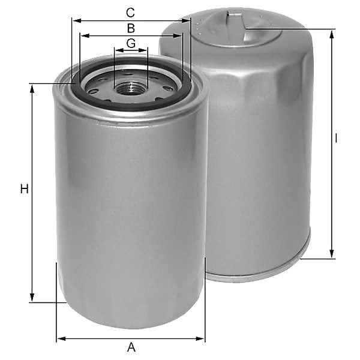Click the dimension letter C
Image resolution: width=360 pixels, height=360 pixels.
[x=130, y=13]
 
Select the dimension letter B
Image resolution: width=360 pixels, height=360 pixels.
[x=131, y=28]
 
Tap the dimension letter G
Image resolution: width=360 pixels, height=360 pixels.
[x=131, y=43]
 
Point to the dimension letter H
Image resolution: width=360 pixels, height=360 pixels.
[x=25, y=189]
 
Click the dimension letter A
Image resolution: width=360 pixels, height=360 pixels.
[x=131, y=347]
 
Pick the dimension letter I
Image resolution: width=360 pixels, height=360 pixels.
[x=336, y=139]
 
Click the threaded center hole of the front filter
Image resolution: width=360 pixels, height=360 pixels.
[x=130, y=89]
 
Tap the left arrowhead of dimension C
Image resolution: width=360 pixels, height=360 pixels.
[x=77, y=21]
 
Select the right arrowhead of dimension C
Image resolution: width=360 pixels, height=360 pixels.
[x=185, y=21]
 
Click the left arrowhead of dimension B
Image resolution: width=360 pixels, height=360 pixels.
[x=85, y=36]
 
